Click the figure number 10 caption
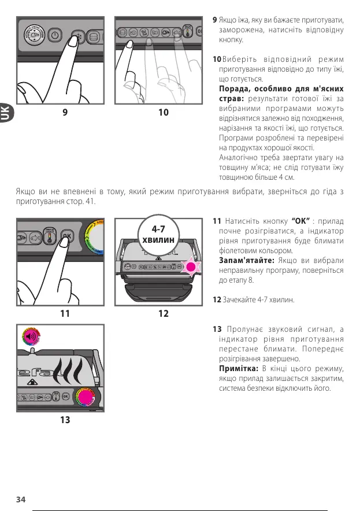point(164,113)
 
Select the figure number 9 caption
point(65,113)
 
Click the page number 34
point(21,499)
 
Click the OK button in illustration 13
point(65,396)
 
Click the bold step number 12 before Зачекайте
point(217,300)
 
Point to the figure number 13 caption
point(65,420)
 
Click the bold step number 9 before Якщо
point(215,20)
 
